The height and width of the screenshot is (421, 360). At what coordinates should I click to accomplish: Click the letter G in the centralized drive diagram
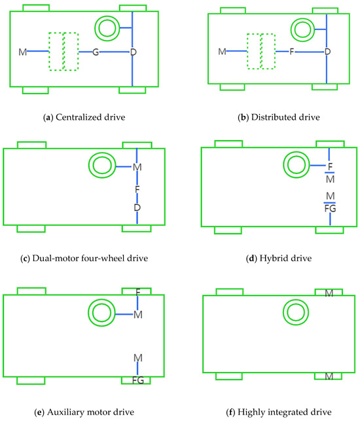pos(96,52)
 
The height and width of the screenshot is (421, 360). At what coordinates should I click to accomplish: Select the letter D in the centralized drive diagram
pos(133,52)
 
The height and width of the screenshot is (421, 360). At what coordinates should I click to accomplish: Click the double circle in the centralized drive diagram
pos(106,27)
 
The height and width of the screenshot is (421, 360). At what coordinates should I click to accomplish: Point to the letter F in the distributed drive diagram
pos(292,51)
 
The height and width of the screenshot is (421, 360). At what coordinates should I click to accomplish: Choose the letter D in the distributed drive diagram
pos(328,51)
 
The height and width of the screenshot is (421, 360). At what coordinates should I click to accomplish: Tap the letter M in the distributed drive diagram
pos(221,51)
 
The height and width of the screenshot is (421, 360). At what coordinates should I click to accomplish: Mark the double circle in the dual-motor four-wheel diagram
pos(103,167)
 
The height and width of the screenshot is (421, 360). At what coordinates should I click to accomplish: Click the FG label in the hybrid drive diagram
pos(330,208)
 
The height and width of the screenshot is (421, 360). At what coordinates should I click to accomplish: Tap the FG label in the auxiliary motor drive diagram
pos(137,380)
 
